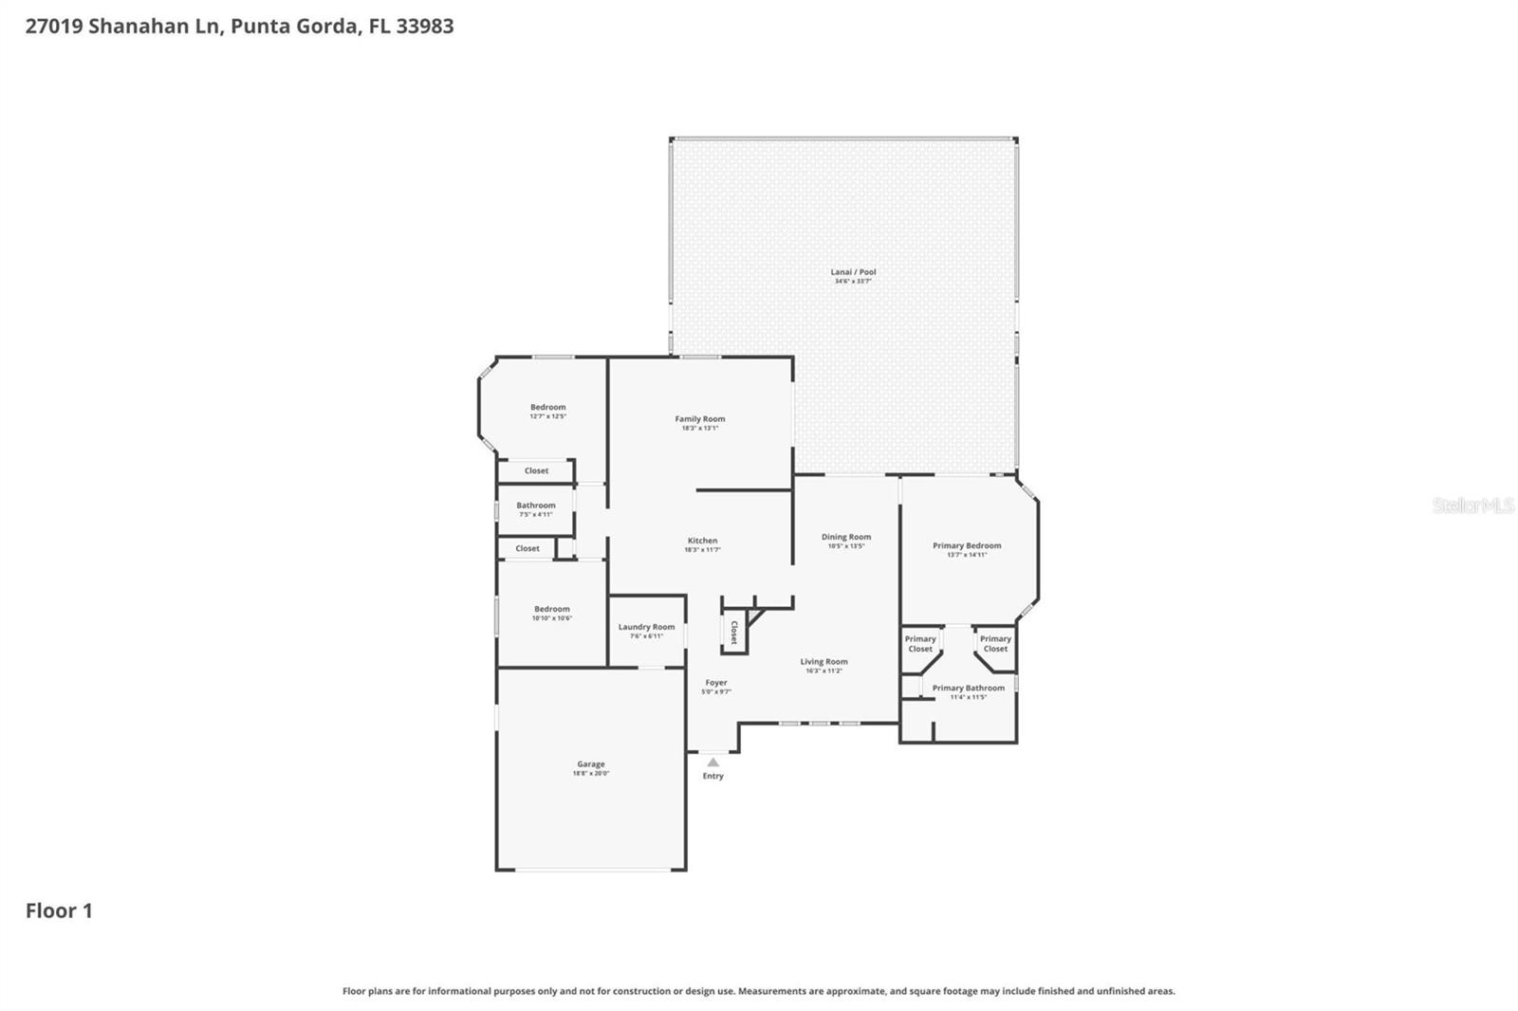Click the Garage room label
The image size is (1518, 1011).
590,764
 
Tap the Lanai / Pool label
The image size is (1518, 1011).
853,272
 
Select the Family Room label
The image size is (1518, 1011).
700,419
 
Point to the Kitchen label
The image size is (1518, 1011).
702,542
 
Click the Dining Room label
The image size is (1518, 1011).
845,538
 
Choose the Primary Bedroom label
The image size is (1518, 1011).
967,546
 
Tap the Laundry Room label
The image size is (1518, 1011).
646,627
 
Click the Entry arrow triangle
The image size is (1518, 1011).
713,763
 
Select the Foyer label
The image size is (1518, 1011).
715,683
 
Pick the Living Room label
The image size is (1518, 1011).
824,662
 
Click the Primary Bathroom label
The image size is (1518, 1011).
968,689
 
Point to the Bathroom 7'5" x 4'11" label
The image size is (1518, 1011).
535,506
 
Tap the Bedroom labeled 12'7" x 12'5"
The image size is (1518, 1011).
547,408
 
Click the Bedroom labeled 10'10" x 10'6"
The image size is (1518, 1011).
551,610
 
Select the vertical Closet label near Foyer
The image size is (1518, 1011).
733,633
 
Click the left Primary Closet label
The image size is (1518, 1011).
919,644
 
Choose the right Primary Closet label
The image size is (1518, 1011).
995,644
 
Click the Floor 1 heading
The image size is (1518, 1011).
59,910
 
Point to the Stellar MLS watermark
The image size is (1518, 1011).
1472,505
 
